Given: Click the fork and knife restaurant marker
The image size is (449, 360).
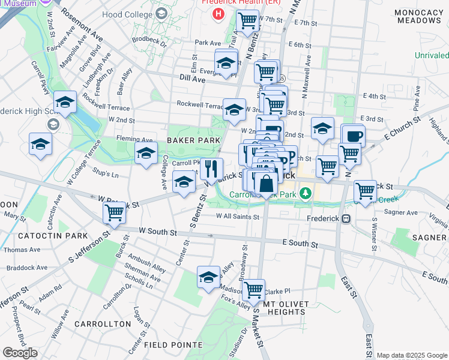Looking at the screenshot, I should pyautogui.click(x=211, y=170).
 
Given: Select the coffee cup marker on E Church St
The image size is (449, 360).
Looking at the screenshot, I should pyautogui.click(x=354, y=136).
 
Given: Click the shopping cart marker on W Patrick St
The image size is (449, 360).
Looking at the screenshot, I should pyautogui.click(x=114, y=212).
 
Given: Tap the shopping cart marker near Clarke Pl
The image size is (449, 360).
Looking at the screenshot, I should pyautogui.click(x=253, y=290).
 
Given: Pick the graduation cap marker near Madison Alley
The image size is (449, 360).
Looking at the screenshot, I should pyautogui.click(x=208, y=277).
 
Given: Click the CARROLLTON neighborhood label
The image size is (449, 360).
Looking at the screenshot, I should pyautogui.click(x=102, y=324).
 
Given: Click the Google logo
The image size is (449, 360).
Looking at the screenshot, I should pyautogui.click(x=20, y=352).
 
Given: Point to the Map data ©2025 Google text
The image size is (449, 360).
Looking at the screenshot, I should pyautogui.click(x=411, y=355).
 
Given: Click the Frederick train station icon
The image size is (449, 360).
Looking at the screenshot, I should pyautogui.click(x=346, y=219).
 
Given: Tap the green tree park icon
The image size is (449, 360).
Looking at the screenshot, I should pyautogui.click(x=306, y=193).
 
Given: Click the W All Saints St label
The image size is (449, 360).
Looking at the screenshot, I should pyautogui.click(x=238, y=217).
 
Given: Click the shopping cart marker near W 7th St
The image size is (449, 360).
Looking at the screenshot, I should pyautogui.click(x=247, y=21).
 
